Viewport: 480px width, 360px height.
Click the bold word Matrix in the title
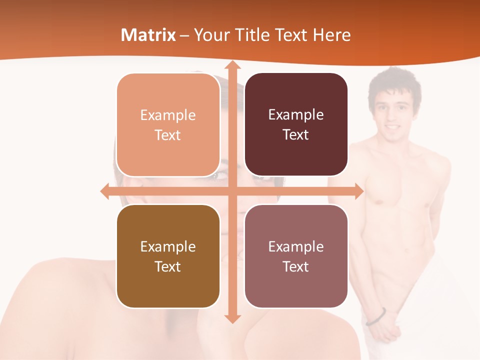(148, 35)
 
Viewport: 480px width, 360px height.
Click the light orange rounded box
(168, 125)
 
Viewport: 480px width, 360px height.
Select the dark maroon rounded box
(296, 124)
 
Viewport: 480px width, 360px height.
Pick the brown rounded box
(168, 256)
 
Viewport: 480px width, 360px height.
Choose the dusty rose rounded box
(296, 256)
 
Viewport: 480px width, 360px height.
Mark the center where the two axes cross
(232, 191)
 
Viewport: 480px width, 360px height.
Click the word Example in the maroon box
(296, 115)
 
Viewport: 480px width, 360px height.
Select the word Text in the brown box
(167, 266)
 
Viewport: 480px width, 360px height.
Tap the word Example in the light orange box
(168, 115)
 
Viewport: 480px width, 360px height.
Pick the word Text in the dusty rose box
(296, 266)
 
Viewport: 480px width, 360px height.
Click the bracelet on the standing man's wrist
(376, 316)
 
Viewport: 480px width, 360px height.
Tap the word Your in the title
(211, 35)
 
